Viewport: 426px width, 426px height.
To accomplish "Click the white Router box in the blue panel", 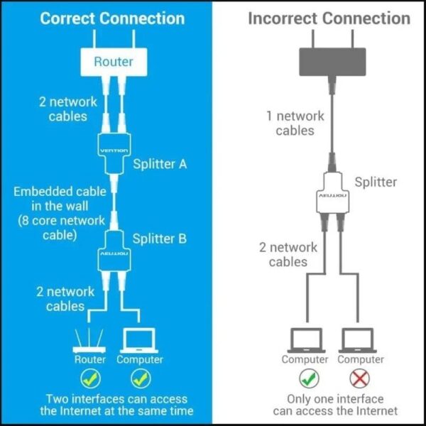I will (114, 62).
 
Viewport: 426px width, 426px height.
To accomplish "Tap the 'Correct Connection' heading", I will (112, 18).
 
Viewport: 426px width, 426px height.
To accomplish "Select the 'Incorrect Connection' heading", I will (329, 18).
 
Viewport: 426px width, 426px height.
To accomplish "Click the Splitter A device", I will (114, 150).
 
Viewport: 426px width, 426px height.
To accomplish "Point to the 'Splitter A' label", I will (160, 164).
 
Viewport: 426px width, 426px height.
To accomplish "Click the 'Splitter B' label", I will (160, 238).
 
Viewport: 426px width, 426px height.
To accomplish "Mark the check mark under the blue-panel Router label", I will (90, 378).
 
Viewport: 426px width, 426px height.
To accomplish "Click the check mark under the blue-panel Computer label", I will (139, 378).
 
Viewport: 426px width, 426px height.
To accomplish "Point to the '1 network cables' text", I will (295, 123).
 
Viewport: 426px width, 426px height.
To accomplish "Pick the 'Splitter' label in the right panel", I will (376, 182).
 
